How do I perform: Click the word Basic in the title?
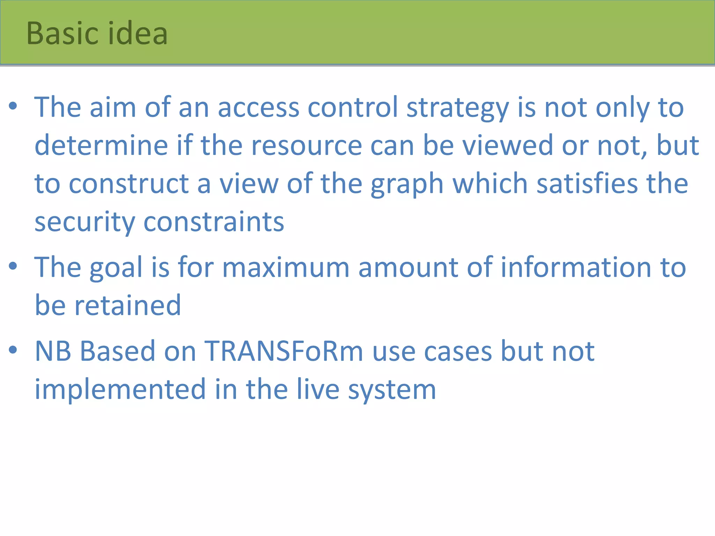(x=62, y=33)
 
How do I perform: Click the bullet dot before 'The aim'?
(x=13, y=106)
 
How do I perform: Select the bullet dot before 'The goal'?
(x=13, y=266)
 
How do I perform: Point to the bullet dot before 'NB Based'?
(x=13, y=350)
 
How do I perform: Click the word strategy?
(x=458, y=108)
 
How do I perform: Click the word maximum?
(x=286, y=268)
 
